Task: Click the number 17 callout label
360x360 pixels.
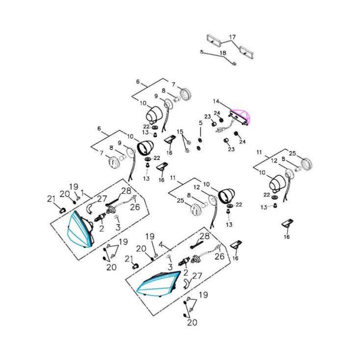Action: click(232, 37)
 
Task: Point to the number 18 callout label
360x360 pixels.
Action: click(223, 52)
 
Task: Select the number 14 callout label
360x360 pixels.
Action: click(216, 101)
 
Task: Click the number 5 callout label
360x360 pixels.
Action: click(200, 123)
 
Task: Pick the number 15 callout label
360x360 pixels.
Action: click(180, 132)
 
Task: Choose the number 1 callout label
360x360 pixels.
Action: click(83, 193)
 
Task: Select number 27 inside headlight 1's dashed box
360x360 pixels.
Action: click(102, 199)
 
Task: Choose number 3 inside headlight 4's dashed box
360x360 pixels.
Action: click(171, 265)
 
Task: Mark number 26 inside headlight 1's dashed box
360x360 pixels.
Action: click(135, 206)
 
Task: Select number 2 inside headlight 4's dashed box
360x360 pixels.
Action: click(185, 272)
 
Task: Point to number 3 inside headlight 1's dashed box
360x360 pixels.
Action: click(118, 227)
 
